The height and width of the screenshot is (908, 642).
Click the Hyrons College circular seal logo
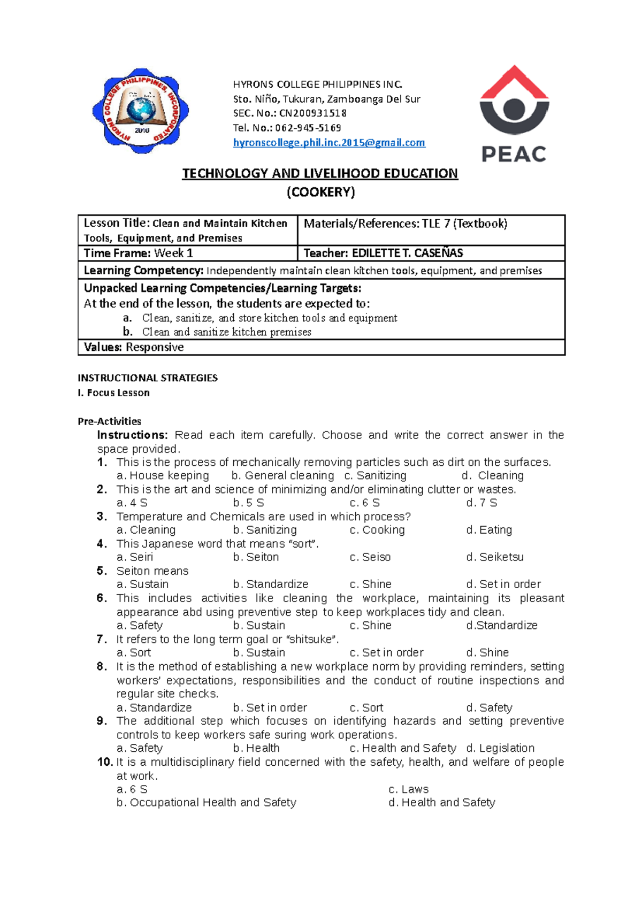(141, 111)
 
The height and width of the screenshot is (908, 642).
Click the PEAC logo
(514, 114)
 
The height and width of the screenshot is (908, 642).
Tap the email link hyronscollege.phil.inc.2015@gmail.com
(329, 143)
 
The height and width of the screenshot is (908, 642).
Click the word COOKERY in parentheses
(320, 192)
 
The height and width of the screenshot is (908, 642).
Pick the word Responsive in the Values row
(155, 348)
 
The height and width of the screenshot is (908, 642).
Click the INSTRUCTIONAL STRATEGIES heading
(148, 378)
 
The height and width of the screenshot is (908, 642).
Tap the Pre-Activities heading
(109, 421)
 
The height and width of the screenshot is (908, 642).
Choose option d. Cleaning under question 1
(493, 475)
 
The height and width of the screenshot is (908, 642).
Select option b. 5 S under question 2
(249, 503)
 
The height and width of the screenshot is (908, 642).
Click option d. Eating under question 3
(489, 530)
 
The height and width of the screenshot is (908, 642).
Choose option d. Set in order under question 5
(503, 584)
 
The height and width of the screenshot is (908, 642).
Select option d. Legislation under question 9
(500, 748)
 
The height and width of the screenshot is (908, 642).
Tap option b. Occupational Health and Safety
(207, 803)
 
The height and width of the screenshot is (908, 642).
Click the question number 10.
(105, 762)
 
